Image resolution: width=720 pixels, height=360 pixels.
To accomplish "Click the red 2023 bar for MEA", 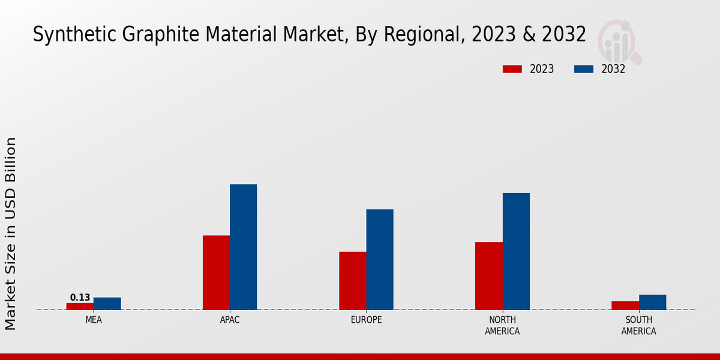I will (x=80, y=306).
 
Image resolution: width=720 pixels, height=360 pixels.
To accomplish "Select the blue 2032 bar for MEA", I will (x=107, y=304).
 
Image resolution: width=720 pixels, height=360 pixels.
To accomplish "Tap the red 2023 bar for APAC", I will (x=216, y=272).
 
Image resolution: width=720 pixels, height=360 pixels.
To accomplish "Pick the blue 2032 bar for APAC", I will (x=243, y=247).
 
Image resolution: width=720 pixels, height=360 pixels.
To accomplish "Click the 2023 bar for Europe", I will (x=352, y=280).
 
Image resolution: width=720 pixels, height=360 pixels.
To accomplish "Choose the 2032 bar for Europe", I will (x=380, y=259).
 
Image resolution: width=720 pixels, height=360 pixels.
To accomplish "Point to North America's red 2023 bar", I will (x=488, y=275).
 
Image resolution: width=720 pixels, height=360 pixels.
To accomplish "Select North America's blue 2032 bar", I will (x=516, y=251).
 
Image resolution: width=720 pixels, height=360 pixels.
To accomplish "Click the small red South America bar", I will (x=625, y=305).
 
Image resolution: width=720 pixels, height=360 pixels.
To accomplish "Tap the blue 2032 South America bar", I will (x=652, y=302).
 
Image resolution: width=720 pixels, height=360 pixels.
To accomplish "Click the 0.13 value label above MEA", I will (x=80, y=298).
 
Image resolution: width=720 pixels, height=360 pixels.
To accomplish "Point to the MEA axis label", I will (x=94, y=320).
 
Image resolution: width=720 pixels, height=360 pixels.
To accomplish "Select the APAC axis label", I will (x=230, y=320).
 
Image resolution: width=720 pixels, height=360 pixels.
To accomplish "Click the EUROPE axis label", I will (x=366, y=320).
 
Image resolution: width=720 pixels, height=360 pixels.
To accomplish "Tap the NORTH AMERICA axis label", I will (x=502, y=326).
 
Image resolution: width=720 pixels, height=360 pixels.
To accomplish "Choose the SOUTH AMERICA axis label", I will (x=638, y=326).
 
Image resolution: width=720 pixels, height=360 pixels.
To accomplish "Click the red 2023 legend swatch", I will (x=512, y=69).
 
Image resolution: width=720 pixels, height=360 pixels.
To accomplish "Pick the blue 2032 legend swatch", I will (x=583, y=69).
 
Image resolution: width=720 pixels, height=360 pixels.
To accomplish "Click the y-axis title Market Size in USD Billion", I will (x=11, y=233).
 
